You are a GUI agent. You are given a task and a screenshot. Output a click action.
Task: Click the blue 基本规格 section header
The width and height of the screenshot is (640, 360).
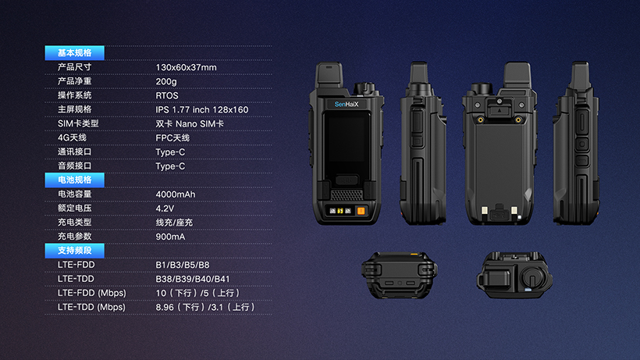click(75, 53)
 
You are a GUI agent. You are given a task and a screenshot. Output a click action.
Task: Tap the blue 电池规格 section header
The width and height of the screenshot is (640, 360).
click(75, 180)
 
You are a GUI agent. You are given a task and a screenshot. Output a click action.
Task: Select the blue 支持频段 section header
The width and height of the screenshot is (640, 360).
click(75, 251)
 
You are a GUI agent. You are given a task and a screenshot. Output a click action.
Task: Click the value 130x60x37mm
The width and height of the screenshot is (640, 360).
click(186, 67)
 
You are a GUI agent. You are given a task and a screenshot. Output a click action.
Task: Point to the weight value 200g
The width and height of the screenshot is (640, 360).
click(166, 82)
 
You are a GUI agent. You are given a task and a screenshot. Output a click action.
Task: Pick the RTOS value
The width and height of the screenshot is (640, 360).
click(167, 95)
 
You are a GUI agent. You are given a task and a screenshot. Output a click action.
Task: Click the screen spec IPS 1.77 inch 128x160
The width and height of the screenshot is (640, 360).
click(202, 110)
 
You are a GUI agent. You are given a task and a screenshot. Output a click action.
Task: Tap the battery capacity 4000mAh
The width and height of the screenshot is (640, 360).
click(176, 194)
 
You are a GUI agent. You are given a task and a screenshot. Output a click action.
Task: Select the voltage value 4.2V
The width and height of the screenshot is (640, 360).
click(165, 209)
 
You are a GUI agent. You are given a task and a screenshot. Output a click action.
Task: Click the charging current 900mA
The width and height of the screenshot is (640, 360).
click(170, 237)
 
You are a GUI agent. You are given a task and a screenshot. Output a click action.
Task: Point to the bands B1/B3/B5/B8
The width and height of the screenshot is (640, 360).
click(183, 265)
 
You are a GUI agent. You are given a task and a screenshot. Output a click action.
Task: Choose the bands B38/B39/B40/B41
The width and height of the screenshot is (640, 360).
click(193, 280)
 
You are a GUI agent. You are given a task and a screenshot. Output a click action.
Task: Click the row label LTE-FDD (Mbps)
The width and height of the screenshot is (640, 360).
click(92, 293)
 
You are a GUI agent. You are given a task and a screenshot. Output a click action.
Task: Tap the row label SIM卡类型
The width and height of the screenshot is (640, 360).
click(78, 123)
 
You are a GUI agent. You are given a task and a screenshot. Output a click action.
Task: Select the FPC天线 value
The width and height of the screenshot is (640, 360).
click(172, 138)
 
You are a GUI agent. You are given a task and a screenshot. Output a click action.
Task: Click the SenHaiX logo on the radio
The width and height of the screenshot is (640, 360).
click(347, 104)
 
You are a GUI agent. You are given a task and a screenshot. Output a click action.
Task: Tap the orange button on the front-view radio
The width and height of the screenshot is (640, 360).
click(361, 211)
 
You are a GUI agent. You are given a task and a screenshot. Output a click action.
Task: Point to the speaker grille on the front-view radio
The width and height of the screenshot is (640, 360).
click(347, 194)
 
